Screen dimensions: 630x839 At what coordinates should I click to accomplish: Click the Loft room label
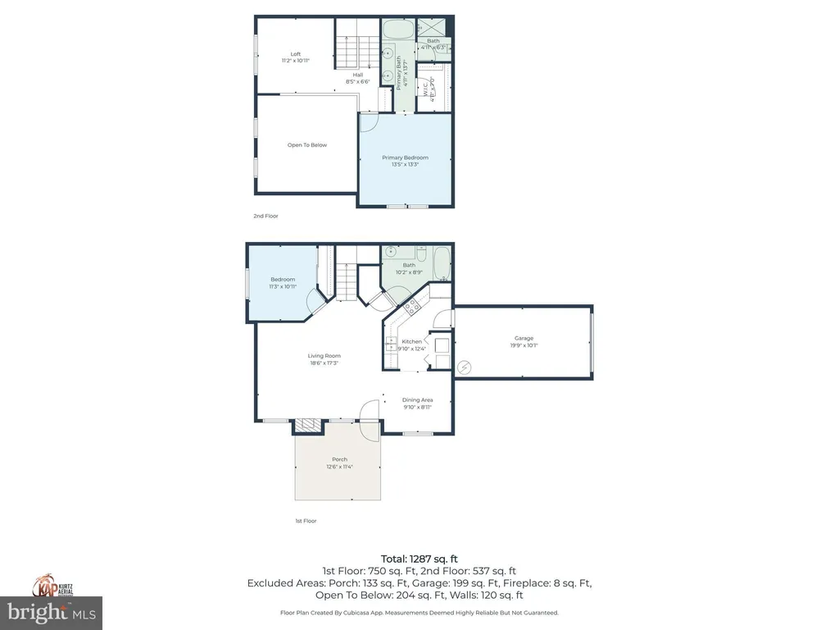click(295, 54)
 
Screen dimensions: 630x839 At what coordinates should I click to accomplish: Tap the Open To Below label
click(306, 145)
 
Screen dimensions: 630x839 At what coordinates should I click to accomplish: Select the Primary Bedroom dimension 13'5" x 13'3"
click(405, 165)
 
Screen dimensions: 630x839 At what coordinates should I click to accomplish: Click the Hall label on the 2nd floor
click(358, 75)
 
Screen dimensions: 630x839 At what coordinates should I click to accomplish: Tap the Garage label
click(524, 338)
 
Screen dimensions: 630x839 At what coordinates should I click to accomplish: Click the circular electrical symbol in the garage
click(465, 367)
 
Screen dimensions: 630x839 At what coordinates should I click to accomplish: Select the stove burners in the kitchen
click(410, 308)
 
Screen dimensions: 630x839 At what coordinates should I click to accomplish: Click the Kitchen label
click(411, 341)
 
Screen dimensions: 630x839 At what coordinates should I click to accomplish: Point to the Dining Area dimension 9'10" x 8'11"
click(417, 407)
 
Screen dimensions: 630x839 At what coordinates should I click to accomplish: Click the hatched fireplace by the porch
click(308, 425)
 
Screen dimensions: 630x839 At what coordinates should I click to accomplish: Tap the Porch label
click(339, 459)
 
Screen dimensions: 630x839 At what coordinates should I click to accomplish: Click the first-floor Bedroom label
click(283, 280)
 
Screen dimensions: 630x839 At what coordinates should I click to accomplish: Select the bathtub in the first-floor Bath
click(441, 264)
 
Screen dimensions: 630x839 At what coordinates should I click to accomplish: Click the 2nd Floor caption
click(265, 216)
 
